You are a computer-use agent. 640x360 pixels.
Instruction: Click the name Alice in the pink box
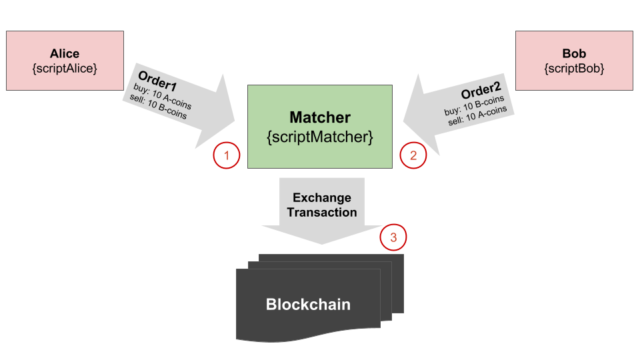click(x=65, y=53)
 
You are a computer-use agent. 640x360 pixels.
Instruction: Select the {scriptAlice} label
click(x=65, y=68)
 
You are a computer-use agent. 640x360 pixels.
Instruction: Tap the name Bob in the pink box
click(x=574, y=53)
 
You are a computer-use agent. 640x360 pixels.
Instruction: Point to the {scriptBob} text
click(x=574, y=68)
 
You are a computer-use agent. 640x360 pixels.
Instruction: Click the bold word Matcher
click(x=320, y=117)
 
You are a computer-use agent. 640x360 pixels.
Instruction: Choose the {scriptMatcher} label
click(x=320, y=137)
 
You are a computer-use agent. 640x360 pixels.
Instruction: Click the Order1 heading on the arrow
click(x=157, y=81)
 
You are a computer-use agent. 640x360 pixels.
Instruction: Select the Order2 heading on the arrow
click(x=481, y=91)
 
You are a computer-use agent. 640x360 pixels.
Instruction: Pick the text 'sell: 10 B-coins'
click(x=159, y=107)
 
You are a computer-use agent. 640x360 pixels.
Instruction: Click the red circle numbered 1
click(x=227, y=155)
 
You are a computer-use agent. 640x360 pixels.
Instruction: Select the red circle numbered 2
click(x=413, y=155)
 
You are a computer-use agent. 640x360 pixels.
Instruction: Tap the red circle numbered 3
click(x=393, y=237)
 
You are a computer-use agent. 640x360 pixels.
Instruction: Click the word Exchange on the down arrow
click(x=321, y=197)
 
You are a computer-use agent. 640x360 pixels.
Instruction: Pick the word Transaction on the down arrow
click(x=321, y=212)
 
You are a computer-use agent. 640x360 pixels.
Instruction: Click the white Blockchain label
click(x=308, y=305)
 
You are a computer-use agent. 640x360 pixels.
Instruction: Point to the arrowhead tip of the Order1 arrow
click(x=235, y=121)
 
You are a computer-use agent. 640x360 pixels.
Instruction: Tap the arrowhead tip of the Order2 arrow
click(x=403, y=121)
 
